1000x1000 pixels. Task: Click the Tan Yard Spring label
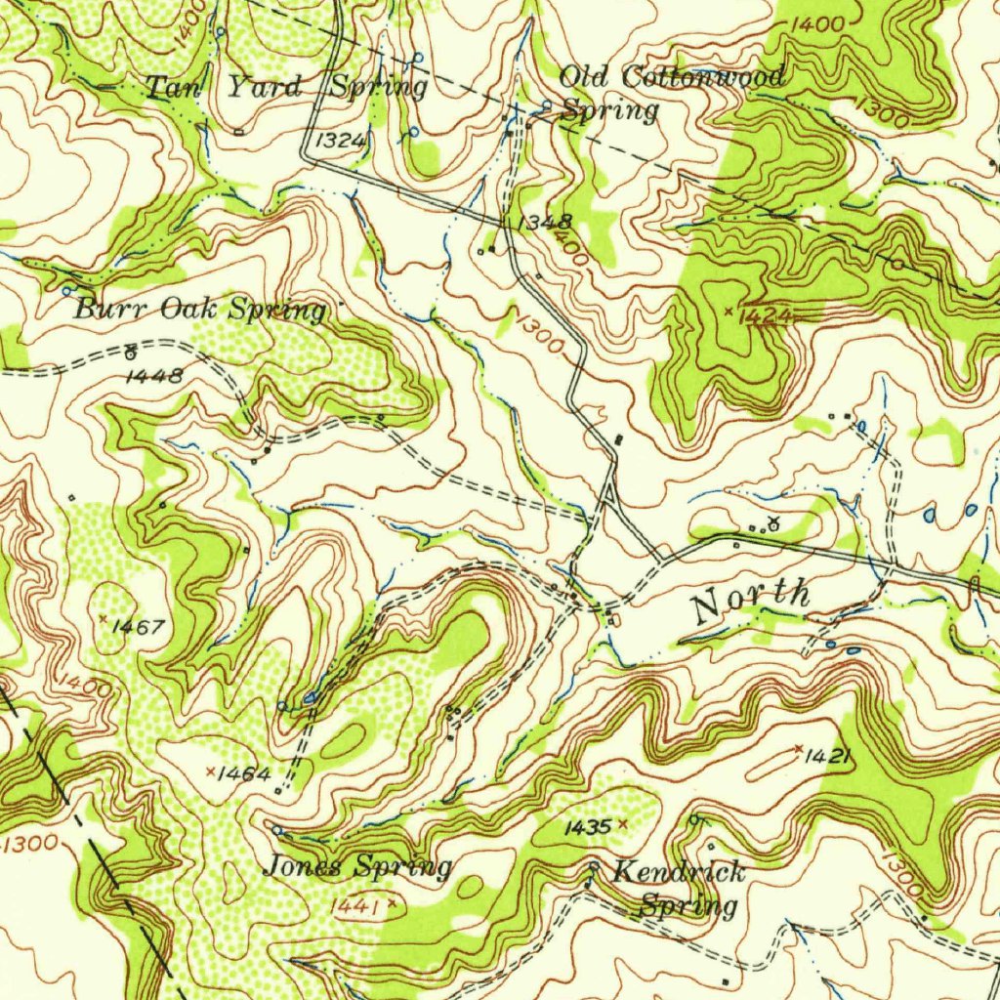pos(286,87)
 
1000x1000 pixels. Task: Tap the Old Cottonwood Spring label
pos(670,93)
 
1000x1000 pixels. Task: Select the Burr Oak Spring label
pos(200,311)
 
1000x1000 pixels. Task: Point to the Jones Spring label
pos(358,866)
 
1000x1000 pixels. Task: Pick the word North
pos(750,600)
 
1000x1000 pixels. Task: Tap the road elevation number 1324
pos(341,141)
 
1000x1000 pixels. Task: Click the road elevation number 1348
pos(544,223)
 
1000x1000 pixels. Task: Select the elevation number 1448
pos(154,375)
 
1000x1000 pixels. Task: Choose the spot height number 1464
pos(244,773)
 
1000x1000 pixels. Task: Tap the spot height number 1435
pos(588,827)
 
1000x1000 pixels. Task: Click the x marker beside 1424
pos(729,311)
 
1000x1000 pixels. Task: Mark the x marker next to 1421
pos(799,749)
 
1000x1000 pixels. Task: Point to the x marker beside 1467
pos(104,618)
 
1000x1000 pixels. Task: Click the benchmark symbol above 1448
pos(130,352)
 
